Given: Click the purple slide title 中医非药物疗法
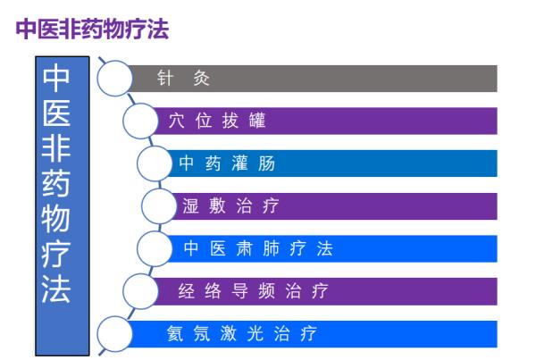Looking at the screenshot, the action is coord(92,29).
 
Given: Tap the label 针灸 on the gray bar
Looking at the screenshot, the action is coord(183,79).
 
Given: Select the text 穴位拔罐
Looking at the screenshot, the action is coord(217,121).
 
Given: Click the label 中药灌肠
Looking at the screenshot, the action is coord(227,163).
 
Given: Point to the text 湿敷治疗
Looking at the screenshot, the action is coord(230,205).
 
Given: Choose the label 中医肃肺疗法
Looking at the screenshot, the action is coord(258,248).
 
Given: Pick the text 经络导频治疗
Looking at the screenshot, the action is coord(253,291).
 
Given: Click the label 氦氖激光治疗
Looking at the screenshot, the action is coord(242,333).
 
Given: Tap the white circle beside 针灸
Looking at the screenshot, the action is coord(114,79).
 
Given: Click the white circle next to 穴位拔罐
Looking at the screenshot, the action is coord(140,121).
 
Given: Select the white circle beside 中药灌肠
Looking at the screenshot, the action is coord(155,163).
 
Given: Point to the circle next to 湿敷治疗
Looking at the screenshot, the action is coord(159,205).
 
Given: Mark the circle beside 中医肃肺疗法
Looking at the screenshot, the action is coord(155,248).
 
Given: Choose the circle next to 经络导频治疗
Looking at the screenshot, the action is coord(140,291).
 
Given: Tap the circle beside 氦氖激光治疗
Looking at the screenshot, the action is coord(114,334).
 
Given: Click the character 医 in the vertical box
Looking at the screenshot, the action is coord(56,113).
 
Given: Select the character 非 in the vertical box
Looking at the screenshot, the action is coord(56,148).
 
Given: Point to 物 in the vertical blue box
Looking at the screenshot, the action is coord(56,219).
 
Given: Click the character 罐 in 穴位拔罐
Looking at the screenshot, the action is coord(257,121).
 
